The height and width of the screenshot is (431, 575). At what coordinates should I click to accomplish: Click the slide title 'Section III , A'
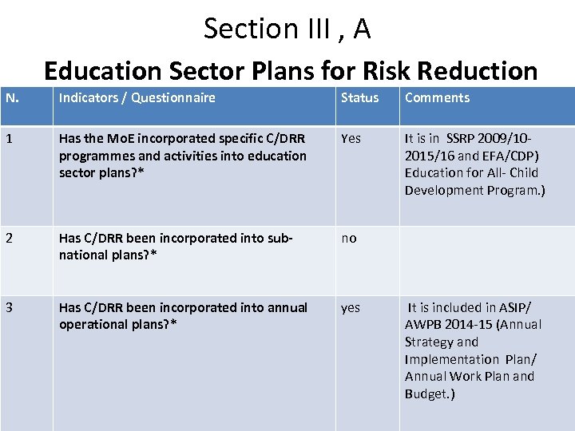click(x=287, y=29)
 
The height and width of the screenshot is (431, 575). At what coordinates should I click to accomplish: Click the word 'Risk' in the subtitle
click(x=396, y=71)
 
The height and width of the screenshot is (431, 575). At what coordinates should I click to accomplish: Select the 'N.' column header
click(x=12, y=98)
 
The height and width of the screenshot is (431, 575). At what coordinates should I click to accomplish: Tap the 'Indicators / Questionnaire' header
click(x=137, y=98)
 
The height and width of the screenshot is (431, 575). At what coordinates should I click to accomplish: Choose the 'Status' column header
click(x=359, y=98)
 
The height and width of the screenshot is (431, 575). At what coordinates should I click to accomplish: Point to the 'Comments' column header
click(x=437, y=98)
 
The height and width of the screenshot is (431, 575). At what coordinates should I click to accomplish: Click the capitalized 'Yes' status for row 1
click(x=351, y=139)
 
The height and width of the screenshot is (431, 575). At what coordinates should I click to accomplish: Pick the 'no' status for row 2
click(x=349, y=239)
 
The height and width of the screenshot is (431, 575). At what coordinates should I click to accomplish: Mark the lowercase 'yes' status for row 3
click(x=351, y=308)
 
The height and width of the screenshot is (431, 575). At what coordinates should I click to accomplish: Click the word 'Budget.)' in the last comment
click(x=430, y=394)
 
